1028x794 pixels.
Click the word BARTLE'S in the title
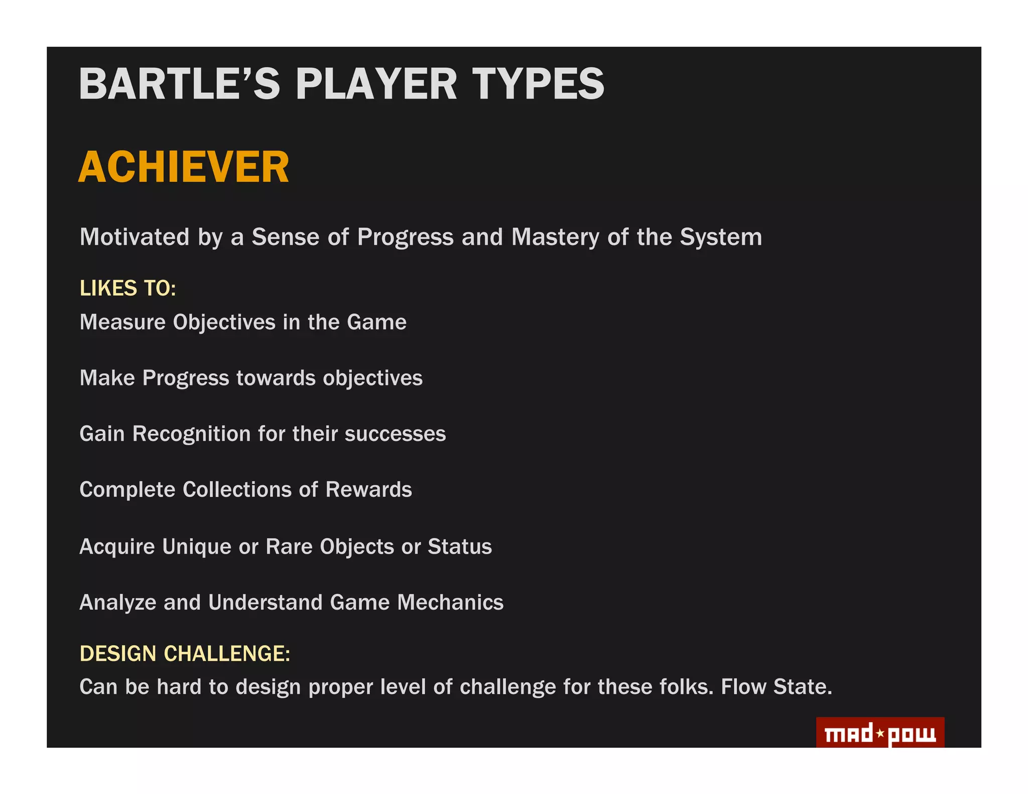(179, 84)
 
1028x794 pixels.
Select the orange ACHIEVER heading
(184, 167)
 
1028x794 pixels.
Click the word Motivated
(135, 237)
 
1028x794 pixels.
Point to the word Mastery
(555, 237)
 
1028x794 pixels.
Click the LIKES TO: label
(127, 289)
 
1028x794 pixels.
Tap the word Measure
(122, 322)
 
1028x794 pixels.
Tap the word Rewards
(368, 490)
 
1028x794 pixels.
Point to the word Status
(459, 547)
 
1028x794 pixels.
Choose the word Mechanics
(450, 602)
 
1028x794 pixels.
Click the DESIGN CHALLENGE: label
(185, 654)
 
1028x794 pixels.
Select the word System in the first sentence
(721, 237)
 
